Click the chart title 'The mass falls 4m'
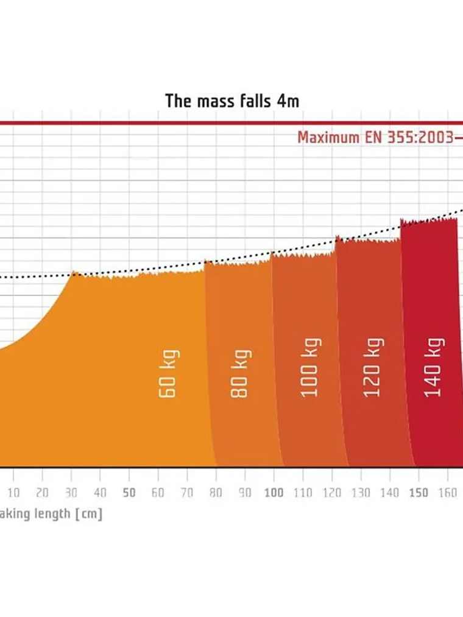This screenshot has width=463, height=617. tap(232, 101)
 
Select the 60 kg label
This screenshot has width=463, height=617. tap(168, 373)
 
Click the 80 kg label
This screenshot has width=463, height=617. tap(241, 373)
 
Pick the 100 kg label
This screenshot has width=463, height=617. tap(310, 367)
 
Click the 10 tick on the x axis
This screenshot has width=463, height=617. tap(13, 493)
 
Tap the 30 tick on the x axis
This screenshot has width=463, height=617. tap(71, 493)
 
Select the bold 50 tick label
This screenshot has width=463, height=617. tap(129, 493)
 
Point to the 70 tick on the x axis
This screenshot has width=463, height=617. tap(187, 493)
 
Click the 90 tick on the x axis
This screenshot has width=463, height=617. tap(245, 493)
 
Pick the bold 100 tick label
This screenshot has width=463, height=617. tap(274, 493)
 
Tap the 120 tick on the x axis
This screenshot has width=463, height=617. tap(332, 493)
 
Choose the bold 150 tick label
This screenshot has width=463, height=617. tap(419, 493)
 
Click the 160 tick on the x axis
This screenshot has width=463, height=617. tap(447, 493)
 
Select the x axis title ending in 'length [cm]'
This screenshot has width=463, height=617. tap(51, 514)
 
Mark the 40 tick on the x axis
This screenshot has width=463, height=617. tap(101, 493)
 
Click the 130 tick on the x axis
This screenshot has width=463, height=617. tap(361, 493)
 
